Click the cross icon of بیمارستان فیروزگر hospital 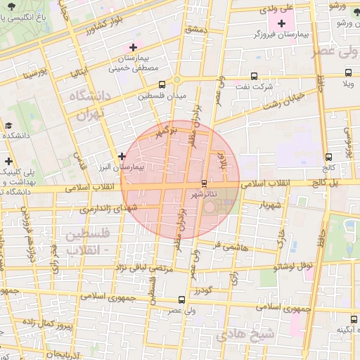tap(281, 23)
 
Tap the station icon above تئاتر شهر tap(205, 182)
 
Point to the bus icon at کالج tap(328, 157)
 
